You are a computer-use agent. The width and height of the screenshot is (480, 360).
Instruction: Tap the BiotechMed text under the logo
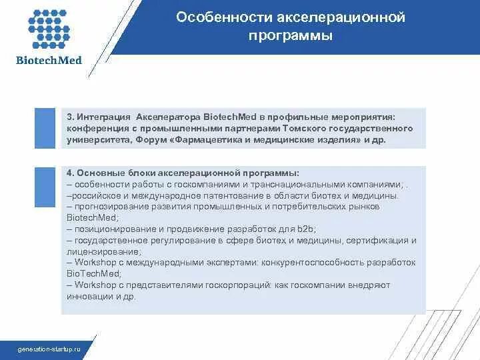coord(49,61)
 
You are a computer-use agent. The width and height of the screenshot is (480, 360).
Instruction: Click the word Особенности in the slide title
coord(215,17)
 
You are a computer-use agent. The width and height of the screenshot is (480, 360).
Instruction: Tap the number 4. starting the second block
coord(70,172)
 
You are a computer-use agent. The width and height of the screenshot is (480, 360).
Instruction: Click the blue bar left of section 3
coord(45,127)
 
